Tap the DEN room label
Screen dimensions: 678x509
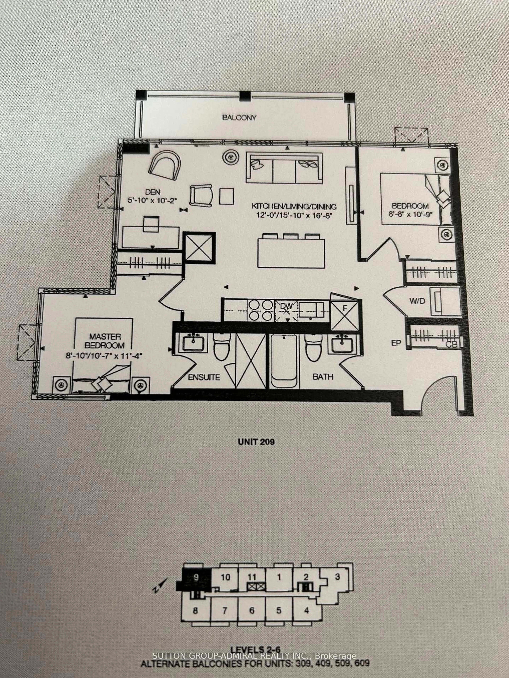point(152,192)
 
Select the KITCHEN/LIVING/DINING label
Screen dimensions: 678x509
point(294,206)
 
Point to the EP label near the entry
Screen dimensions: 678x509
point(396,343)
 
